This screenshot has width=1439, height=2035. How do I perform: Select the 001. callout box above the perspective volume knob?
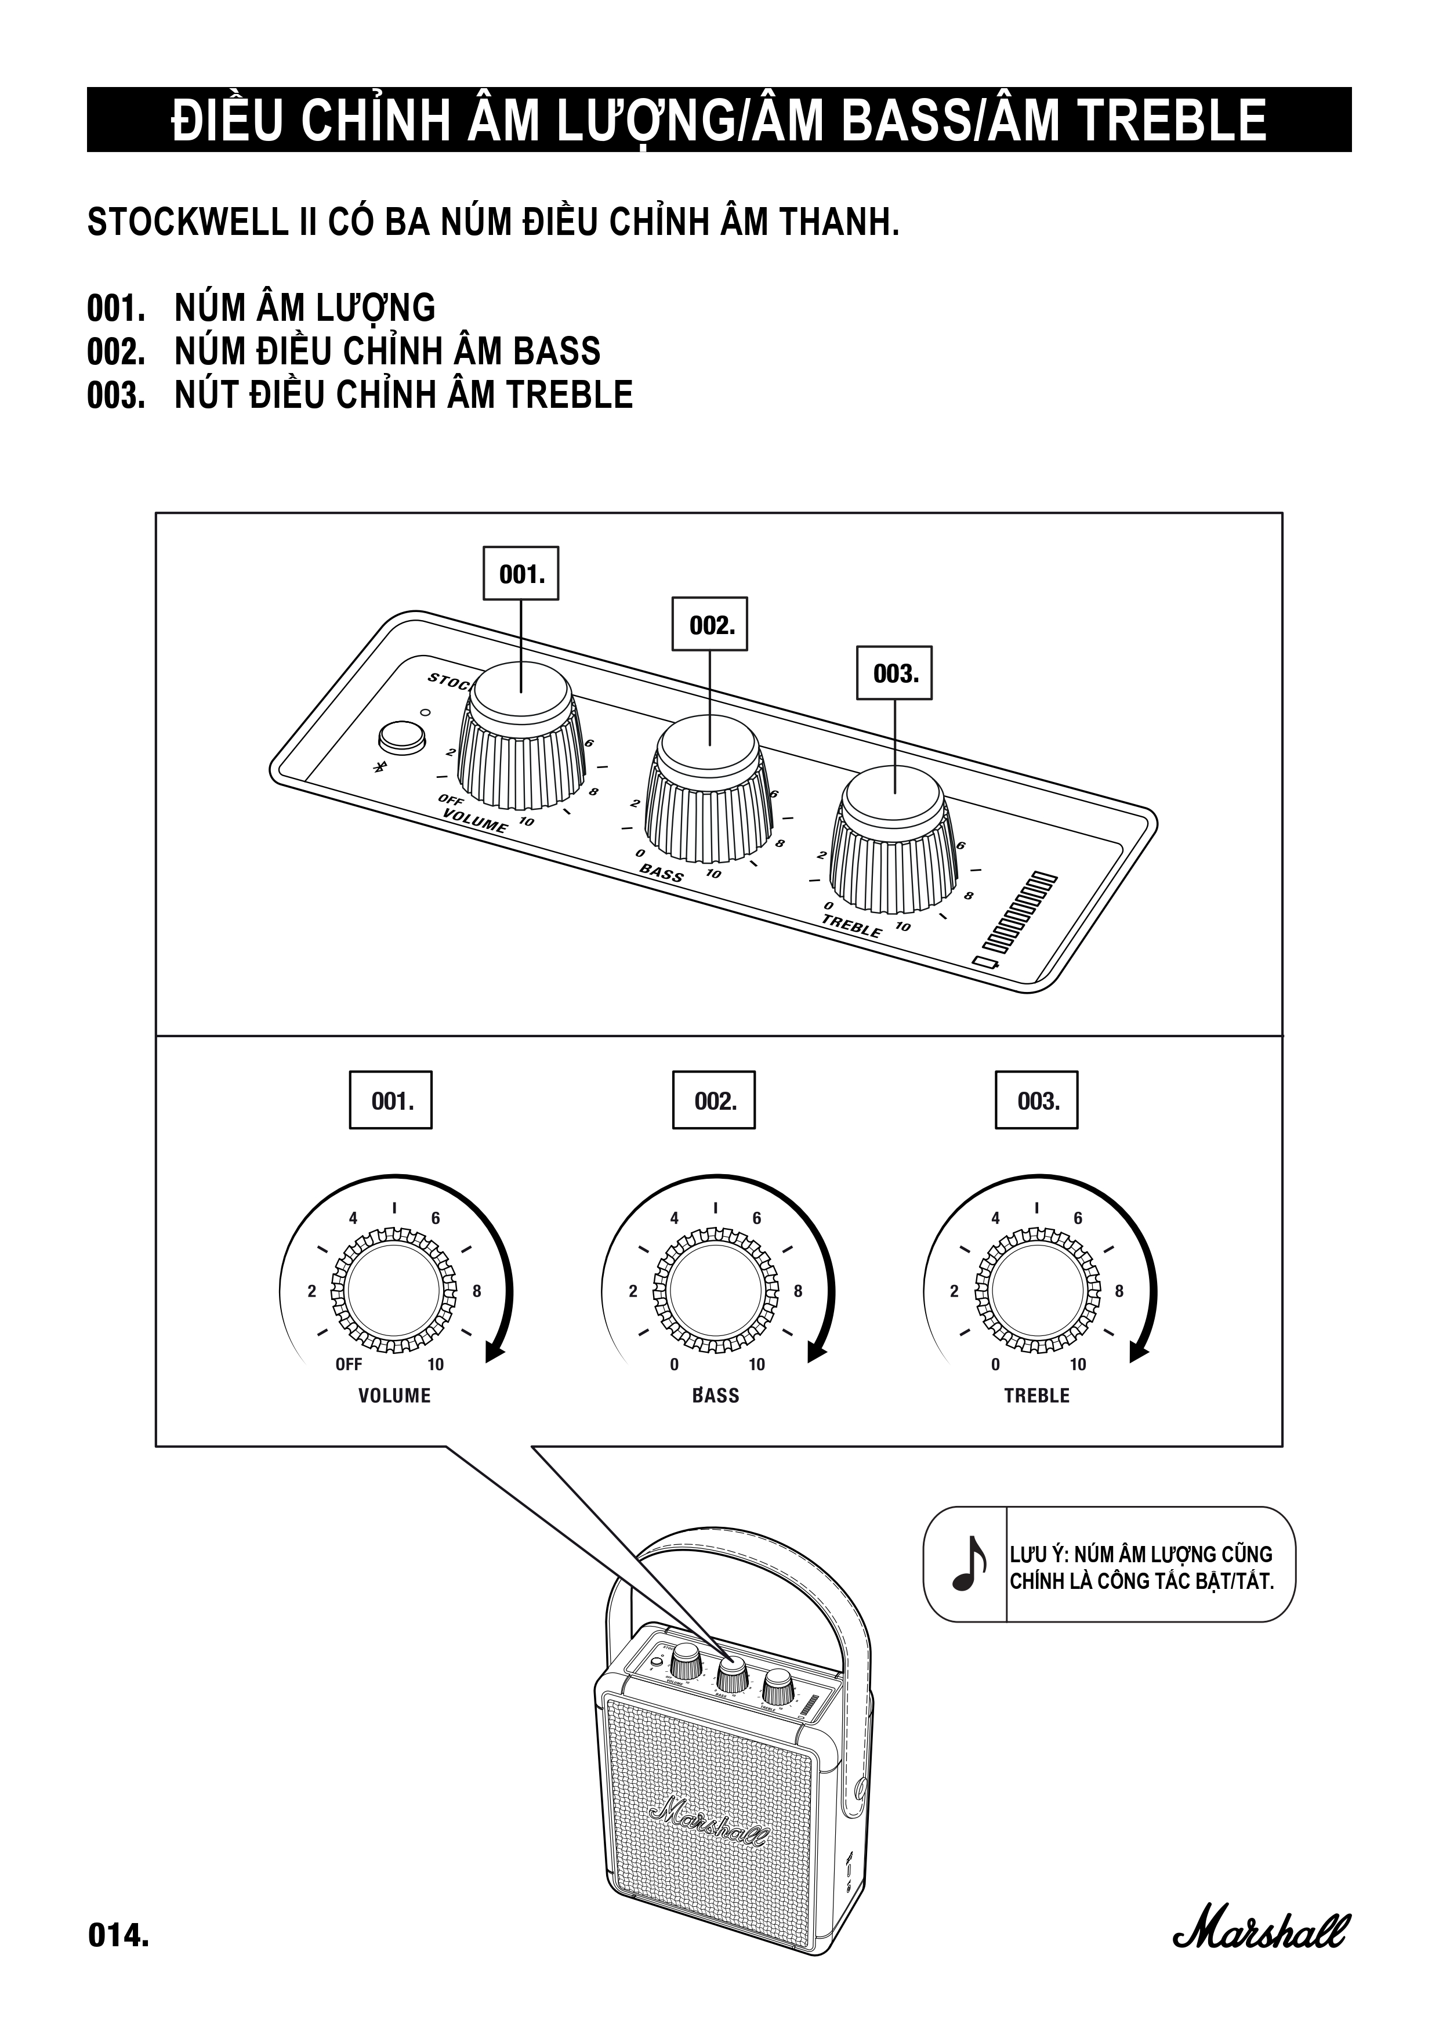tap(521, 574)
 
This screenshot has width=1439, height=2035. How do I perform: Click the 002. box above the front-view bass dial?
tap(714, 1101)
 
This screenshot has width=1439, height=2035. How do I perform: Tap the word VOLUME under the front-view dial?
tap(394, 1396)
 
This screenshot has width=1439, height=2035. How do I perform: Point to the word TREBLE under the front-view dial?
tap(1036, 1396)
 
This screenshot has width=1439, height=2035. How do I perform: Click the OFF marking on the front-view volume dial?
tap(348, 1364)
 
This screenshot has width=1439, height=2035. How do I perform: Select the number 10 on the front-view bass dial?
tap(757, 1364)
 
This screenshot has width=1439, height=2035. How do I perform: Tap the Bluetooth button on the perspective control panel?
tap(401, 737)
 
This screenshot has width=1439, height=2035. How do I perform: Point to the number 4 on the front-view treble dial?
tap(995, 1219)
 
